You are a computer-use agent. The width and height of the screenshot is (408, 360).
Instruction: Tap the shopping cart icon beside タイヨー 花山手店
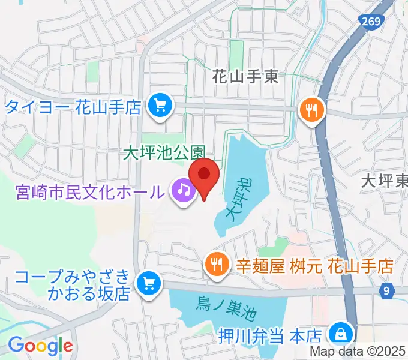pyautogui.click(x=160, y=106)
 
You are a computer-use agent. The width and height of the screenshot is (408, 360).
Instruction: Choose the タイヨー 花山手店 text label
pyautogui.click(x=73, y=107)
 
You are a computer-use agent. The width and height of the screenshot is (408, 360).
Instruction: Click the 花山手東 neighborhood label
pyautogui.click(x=247, y=76)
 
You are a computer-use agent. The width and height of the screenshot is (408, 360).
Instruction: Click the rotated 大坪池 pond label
pyautogui.click(x=239, y=197)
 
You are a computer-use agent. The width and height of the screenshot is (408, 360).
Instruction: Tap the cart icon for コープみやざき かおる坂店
pyautogui.click(x=148, y=283)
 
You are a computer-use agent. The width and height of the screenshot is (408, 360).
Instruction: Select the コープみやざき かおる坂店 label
pyautogui.click(x=72, y=284)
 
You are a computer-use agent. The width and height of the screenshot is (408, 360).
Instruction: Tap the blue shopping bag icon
pyautogui.click(x=341, y=332)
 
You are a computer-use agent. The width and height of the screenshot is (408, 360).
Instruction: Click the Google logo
pyautogui.click(x=40, y=346)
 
